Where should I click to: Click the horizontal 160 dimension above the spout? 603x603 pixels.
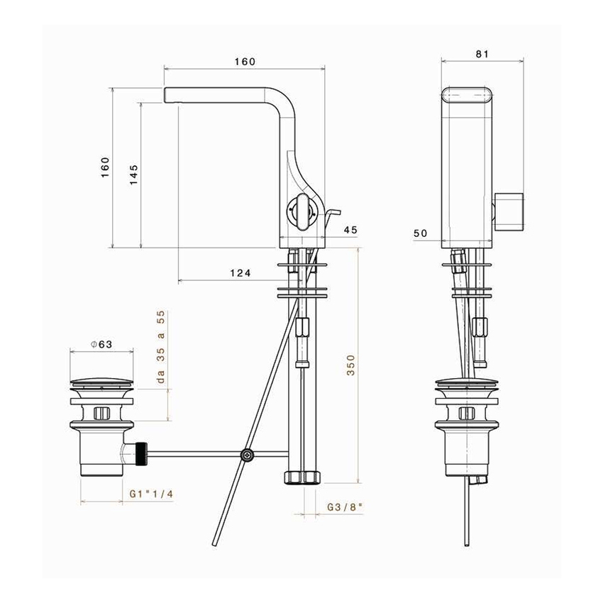point(244,62)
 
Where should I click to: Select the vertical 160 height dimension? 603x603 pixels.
point(105,167)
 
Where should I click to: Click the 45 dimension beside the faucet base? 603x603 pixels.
point(350,229)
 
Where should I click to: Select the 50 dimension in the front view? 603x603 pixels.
point(421,233)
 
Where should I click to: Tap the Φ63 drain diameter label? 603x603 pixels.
point(102,344)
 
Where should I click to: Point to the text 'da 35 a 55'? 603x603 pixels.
point(161,348)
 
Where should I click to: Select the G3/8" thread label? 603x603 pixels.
point(345,507)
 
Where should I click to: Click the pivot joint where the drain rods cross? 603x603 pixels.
point(247,455)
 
